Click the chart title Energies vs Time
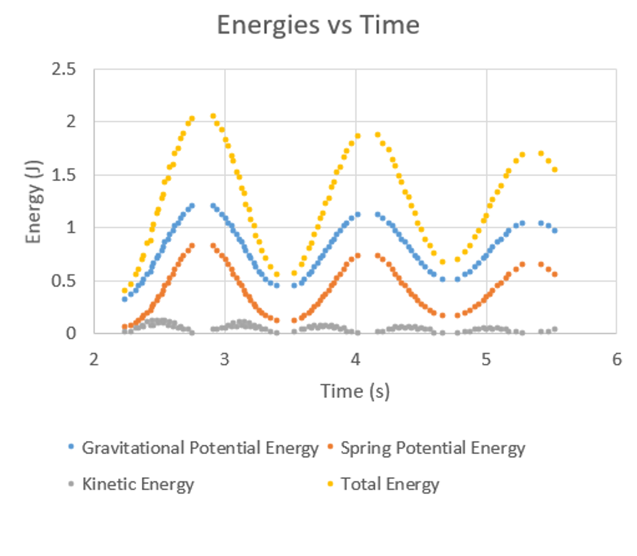point(318,25)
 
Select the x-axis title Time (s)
point(355,391)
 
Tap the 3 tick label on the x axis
point(225,359)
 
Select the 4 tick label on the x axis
point(355,359)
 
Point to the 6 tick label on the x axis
point(616,359)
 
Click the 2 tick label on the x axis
point(94,359)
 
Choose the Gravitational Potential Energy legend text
point(200,448)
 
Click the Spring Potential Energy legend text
point(433,448)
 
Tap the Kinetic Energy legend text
point(138,484)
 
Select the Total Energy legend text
point(390,484)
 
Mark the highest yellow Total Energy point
point(213,116)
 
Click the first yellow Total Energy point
point(124,290)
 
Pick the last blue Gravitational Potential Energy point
point(555,231)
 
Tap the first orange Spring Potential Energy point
point(124,327)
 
